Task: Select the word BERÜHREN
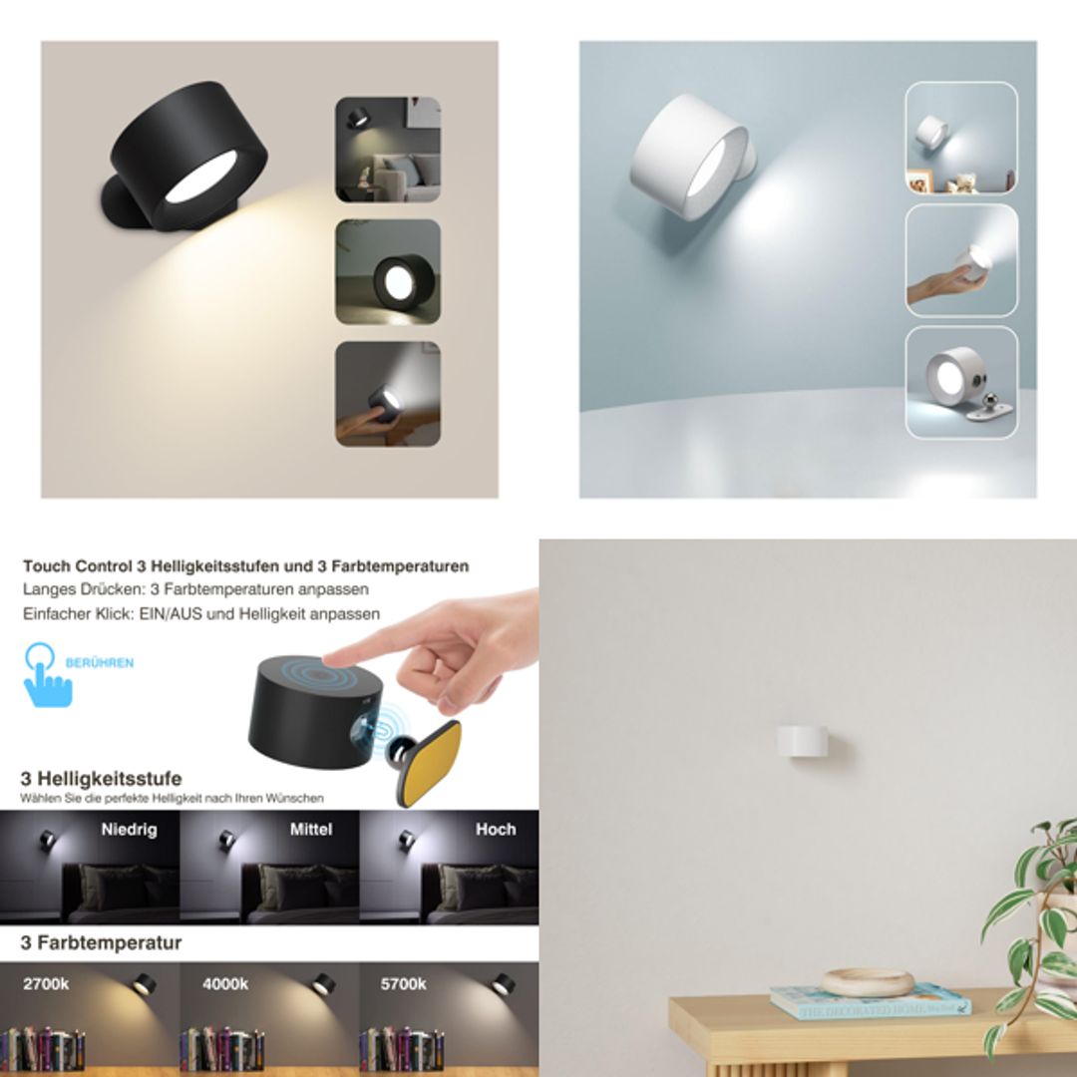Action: click(100, 662)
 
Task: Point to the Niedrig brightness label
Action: click(128, 830)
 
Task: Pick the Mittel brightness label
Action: click(310, 830)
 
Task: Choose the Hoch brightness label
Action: click(495, 830)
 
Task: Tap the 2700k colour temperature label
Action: click(46, 984)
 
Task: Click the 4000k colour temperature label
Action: click(225, 984)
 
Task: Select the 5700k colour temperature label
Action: click(404, 984)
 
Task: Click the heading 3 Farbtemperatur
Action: click(102, 942)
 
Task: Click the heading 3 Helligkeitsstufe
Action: click(102, 779)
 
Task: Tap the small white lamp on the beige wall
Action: click(804, 741)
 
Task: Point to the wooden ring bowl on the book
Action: click(867, 981)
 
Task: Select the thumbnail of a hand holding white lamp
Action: click(961, 260)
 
